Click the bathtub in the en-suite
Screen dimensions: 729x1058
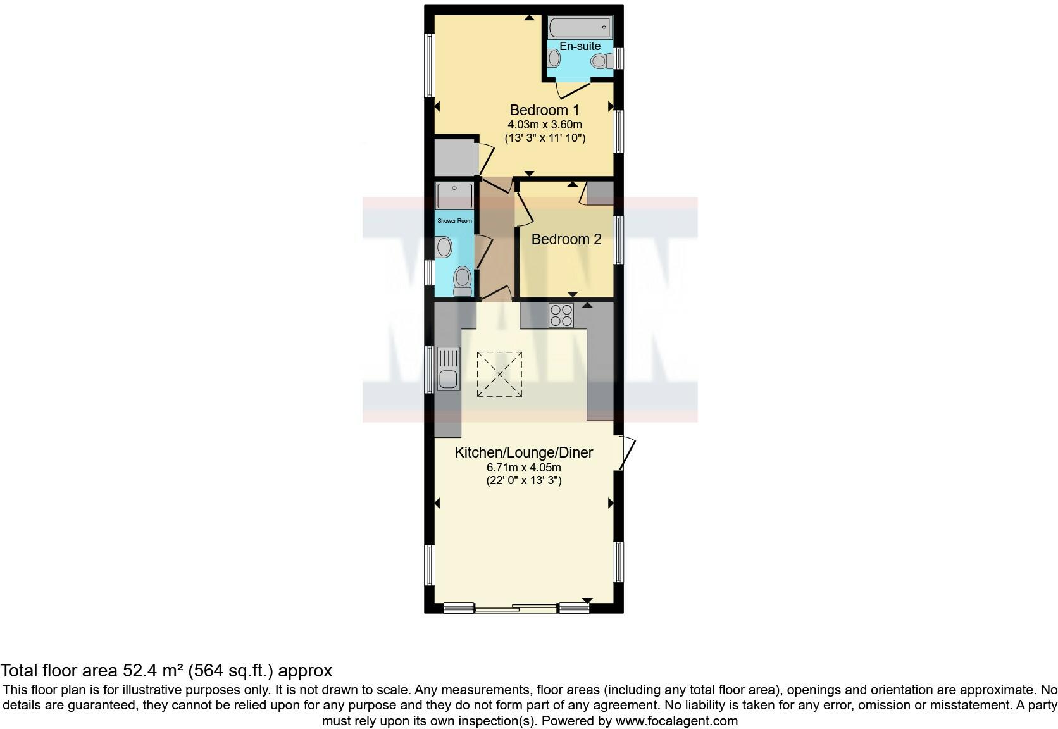580,28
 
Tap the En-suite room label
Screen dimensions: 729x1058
580,46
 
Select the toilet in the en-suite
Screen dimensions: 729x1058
601,61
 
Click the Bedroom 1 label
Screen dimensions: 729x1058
544,110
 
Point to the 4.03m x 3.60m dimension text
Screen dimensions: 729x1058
544,125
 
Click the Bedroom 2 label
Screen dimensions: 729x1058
566,239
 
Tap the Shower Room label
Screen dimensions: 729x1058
454,221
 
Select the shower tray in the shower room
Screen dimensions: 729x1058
454,196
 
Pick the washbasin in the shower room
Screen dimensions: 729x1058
444,247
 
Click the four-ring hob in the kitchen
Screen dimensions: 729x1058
561,315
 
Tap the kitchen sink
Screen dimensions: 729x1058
448,369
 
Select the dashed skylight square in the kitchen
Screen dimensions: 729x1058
499,375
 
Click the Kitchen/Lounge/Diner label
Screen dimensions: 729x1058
524,452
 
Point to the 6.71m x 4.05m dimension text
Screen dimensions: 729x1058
523,468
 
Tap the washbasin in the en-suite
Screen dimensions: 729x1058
554,59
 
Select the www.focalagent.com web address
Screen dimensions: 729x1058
676,721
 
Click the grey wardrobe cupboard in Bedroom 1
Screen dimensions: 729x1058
454,158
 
